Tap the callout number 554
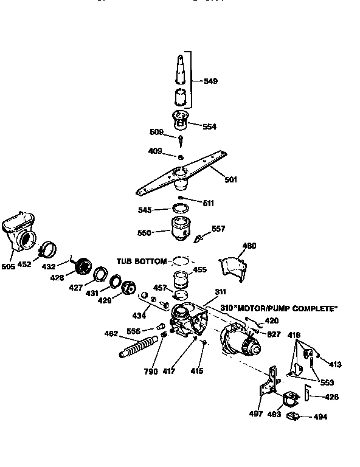(209, 126)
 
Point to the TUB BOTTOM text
(141, 261)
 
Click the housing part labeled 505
(20, 231)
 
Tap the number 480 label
(249, 246)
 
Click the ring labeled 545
(180, 209)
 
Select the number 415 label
(196, 370)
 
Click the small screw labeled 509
(181, 140)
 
